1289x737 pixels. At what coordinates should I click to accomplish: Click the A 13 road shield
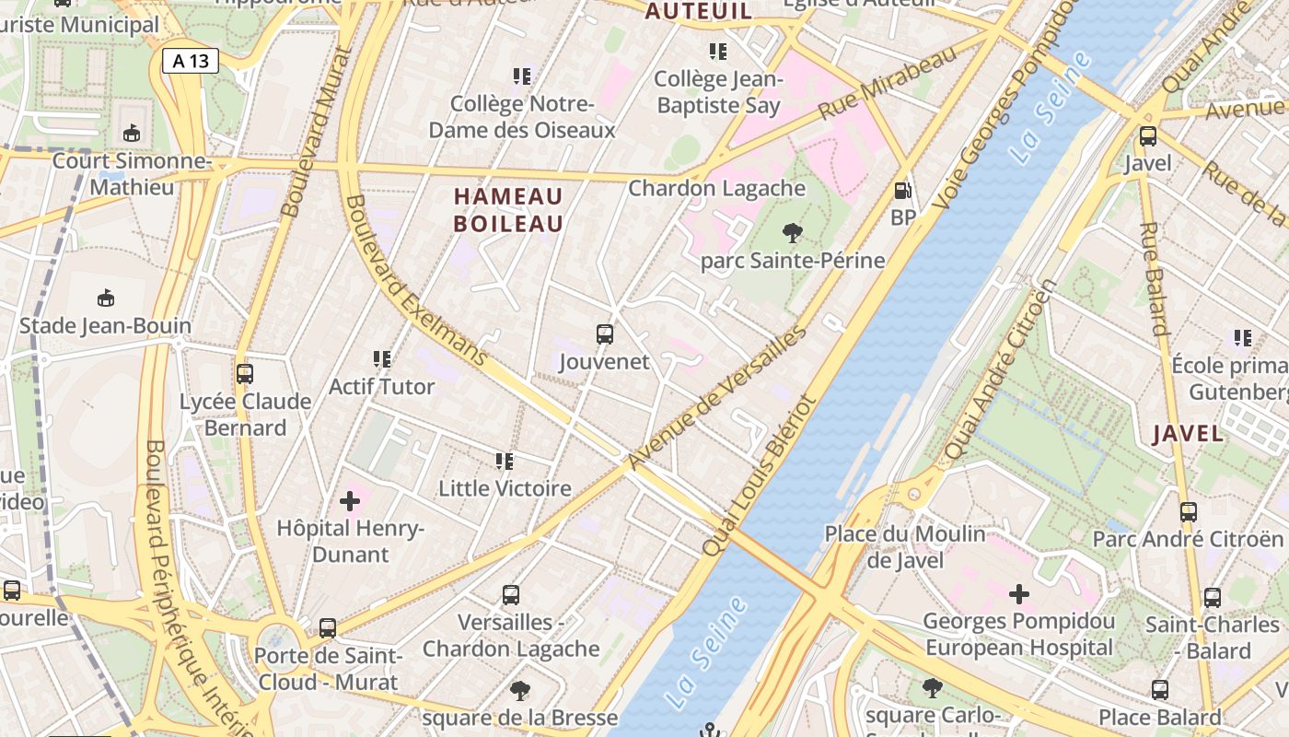191,62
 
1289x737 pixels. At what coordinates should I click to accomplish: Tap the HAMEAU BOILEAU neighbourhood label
508,210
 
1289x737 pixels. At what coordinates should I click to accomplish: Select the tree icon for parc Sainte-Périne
792,233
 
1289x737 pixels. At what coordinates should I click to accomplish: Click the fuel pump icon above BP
903,191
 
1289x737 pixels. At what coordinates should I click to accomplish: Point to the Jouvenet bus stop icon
604,334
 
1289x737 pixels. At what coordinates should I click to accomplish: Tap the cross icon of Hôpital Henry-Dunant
350,501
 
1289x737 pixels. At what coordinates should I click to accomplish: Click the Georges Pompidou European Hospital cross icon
1019,594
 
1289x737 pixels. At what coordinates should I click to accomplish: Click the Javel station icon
1148,136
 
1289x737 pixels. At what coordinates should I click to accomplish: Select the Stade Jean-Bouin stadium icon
106,298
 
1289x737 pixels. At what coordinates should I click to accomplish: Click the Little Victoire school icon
504,461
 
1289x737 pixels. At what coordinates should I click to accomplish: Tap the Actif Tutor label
381,386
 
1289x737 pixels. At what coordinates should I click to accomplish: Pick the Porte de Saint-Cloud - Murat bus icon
327,628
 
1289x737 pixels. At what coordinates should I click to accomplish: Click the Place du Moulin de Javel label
904,546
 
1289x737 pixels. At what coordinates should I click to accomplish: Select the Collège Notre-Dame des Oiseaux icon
522,76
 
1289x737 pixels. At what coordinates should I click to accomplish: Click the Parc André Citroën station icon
1189,511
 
